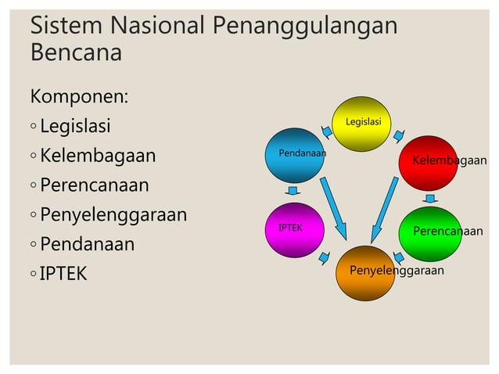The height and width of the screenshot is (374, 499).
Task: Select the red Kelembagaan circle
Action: point(429,162)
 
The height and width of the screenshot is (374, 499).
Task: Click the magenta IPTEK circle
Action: point(294,229)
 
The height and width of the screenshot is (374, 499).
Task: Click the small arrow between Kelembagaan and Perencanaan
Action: point(430,199)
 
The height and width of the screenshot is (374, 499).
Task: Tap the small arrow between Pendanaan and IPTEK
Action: point(293,191)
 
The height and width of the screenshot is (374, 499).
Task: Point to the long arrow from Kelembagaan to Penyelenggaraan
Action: point(386,208)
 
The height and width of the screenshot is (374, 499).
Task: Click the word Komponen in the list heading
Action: point(78,97)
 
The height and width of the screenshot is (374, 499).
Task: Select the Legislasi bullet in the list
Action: point(75,126)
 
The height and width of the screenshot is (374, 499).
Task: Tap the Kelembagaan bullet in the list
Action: point(98,156)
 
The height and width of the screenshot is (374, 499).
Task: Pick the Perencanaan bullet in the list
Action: point(94,185)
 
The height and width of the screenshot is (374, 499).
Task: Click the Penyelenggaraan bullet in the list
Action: point(113,214)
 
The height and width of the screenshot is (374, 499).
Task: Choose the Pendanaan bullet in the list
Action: point(87,244)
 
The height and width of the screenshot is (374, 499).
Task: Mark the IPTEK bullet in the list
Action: point(63,274)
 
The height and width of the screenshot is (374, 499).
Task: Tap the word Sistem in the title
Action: point(64,26)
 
